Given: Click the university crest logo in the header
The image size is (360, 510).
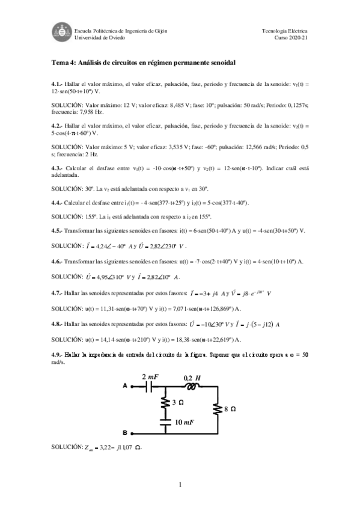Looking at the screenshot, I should pyautogui.click(x=60, y=33).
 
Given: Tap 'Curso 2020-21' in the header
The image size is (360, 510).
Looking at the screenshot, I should pyautogui.click(x=291, y=37).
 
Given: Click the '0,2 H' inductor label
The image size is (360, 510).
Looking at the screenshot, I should pyautogui.click(x=192, y=376).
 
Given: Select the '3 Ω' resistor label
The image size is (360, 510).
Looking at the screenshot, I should pyautogui.click(x=177, y=402).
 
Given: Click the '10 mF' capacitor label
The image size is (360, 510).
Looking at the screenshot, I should pyautogui.click(x=183, y=423).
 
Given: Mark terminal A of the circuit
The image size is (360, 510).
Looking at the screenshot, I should pyautogui.click(x=125, y=386).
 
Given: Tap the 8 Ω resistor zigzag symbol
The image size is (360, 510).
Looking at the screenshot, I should pyautogui.click(x=216, y=409).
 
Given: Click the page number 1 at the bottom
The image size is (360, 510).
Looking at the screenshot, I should pyautogui.click(x=180, y=485).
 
